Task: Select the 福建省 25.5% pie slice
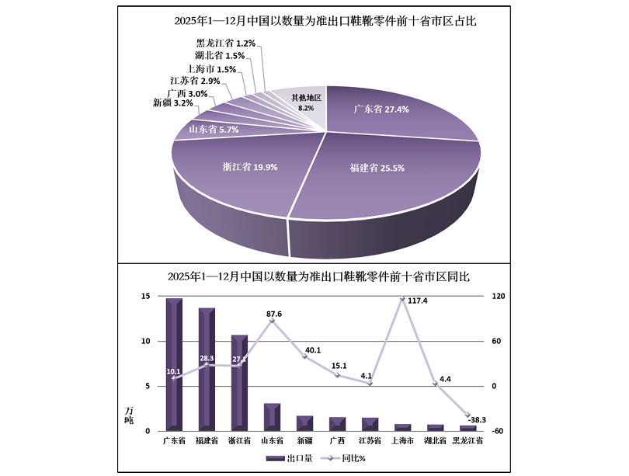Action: (365, 171)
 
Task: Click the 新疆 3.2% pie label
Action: (172, 102)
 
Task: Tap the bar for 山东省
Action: (271, 415)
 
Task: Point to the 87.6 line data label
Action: (272, 314)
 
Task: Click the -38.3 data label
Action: (473, 420)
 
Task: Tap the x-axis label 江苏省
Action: (370, 441)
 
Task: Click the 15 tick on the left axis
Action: (145, 297)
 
